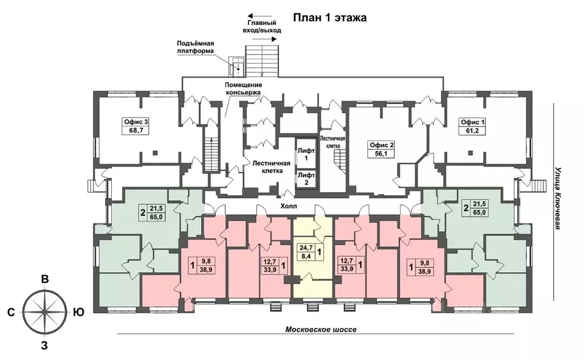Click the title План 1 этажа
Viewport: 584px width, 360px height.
click(330, 18)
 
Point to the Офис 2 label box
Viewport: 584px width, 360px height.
click(382, 149)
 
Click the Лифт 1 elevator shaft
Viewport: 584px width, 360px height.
click(306, 154)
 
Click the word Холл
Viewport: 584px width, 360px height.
click(289, 206)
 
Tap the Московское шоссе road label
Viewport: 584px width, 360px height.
click(321, 329)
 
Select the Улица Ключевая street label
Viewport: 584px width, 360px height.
click(558, 198)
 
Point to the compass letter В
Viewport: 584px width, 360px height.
click(44, 280)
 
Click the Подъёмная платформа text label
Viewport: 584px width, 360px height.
click(196, 47)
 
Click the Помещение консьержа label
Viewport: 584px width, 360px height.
click(243, 88)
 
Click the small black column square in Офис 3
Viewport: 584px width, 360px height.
click(155, 152)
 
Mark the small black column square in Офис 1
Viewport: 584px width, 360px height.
click(471, 152)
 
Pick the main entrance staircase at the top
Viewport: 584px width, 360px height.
click(262, 61)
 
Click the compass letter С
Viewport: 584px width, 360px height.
click(11, 312)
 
